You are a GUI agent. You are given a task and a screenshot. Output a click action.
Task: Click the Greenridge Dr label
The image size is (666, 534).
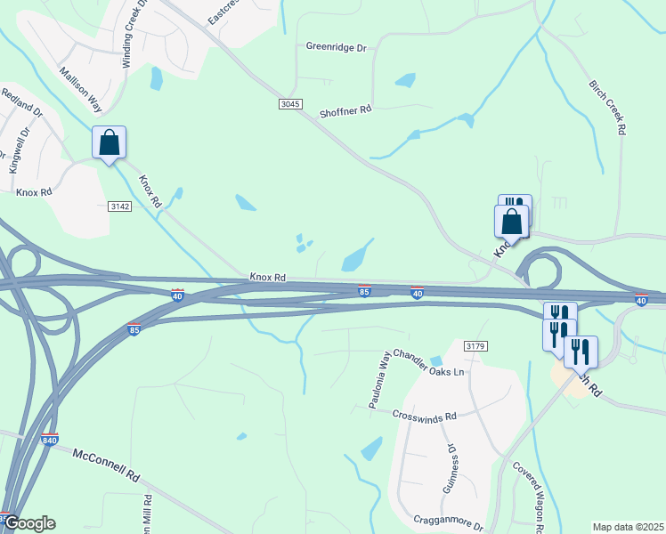(x=337, y=46)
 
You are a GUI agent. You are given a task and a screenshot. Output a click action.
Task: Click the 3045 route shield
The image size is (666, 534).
(x=290, y=104)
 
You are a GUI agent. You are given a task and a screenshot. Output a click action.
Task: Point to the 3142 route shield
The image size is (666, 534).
(x=120, y=206)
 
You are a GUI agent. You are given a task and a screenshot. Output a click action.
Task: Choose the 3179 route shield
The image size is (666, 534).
(x=475, y=345)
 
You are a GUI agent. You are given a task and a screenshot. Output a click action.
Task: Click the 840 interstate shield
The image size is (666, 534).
(x=51, y=440)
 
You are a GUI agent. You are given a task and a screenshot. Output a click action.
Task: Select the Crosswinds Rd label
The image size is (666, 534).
(x=426, y=416)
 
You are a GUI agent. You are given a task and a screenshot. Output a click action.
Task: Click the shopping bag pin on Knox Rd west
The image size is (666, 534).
(x=109, y=142)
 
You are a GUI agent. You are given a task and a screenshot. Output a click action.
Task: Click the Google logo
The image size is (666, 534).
(x=28, y=523)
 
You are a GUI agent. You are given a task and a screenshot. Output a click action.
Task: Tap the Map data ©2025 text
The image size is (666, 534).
(x=627, y=527)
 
